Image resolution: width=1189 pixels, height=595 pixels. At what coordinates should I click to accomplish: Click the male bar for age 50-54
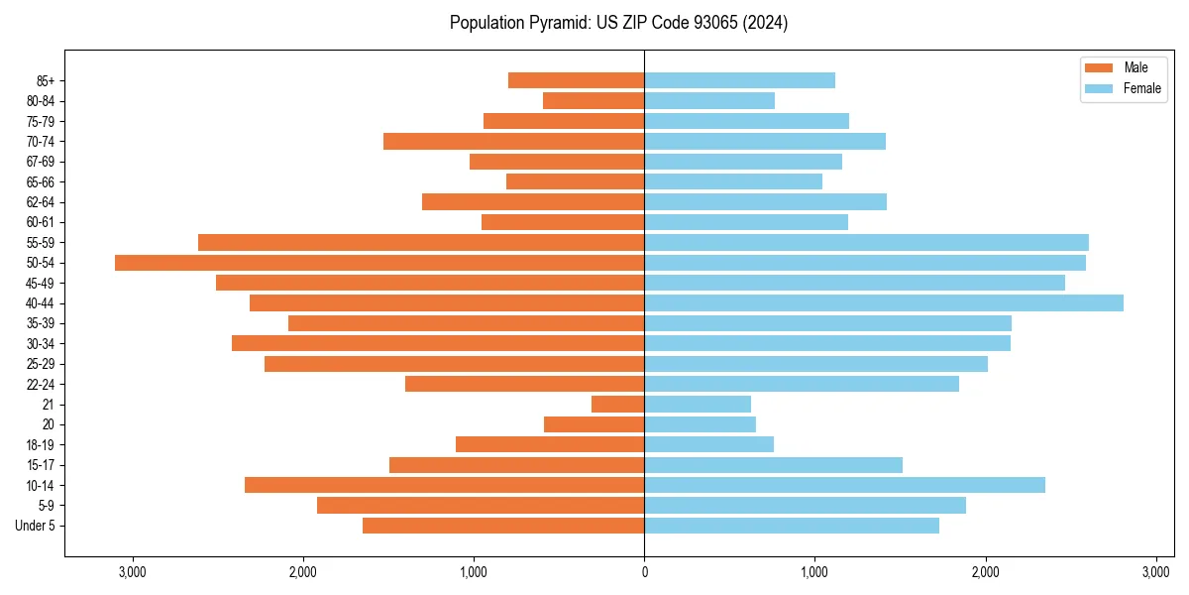[x=379, y=263]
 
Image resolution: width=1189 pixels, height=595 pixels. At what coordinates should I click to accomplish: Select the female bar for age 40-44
[x=884, y=303]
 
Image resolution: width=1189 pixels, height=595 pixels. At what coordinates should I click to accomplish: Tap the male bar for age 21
[x=618, y=405]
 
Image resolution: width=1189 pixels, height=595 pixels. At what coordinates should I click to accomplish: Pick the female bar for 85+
[x=739, y=80]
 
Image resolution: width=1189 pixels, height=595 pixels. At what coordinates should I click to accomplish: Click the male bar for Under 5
[x=503, y=526]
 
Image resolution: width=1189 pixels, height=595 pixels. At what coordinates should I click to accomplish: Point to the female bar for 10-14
[x=844, y=485]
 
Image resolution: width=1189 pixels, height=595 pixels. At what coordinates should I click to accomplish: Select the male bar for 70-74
[x=513, y=142]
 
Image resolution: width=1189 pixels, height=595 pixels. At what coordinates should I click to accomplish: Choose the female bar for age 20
[x=700, y=424]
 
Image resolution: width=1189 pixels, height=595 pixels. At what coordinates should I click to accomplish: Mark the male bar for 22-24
[x=524, y=384]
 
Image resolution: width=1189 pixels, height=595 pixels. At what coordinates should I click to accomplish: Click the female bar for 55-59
[x=866, y=243]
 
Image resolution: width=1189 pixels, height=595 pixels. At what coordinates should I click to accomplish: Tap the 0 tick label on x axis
[x=644, y=572]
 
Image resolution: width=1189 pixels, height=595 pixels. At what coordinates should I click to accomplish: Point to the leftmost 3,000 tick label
[x=132, y=572]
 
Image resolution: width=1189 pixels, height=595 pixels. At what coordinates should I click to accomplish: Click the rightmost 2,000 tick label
[x=985, y=572]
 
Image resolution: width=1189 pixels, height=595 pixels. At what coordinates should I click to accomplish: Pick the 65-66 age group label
[x=41, y=182]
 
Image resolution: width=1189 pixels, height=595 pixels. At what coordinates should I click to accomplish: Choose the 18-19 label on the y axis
[x=41, y=445]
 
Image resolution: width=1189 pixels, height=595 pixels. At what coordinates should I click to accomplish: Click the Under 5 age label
[x=36, y=526]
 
